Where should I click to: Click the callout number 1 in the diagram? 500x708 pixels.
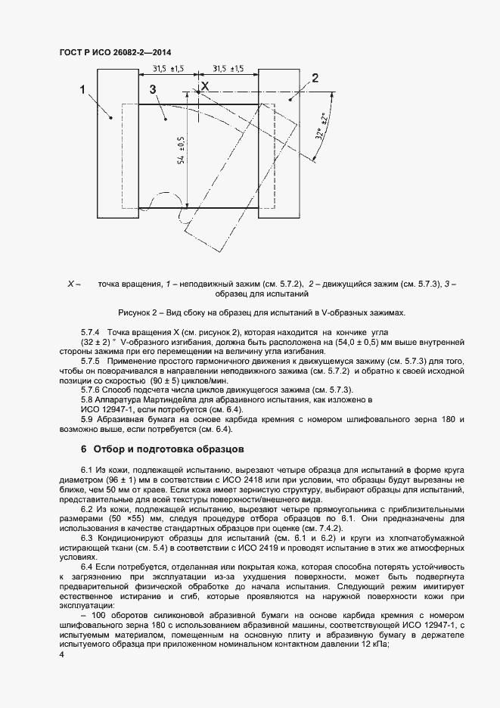click(x=82, y=90)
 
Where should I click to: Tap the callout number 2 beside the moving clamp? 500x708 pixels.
click(x=315, y=77)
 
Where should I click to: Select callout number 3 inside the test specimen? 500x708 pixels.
click(x=154, y=89)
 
